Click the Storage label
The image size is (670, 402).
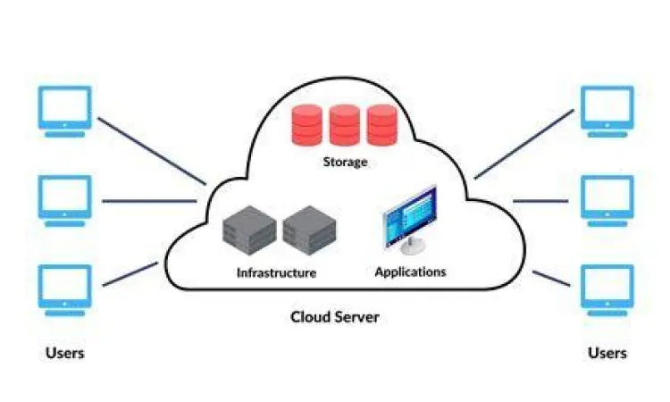[345, 163]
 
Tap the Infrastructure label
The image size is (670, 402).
[276, 272]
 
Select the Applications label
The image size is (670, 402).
[410, 272]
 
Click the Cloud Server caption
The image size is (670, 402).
[335, 317]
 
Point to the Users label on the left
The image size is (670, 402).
[64, 353]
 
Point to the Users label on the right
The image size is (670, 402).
[607, 353]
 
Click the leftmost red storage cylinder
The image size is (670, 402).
[306, 125]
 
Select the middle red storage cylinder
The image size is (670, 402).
[344, 125]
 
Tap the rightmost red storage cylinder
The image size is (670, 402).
[381, 125]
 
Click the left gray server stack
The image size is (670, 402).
[247, 230]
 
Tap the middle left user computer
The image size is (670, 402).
[64, 199]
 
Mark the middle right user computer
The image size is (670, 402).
[607, 199]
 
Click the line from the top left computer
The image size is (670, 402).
[152, 149]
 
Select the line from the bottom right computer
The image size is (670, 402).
[552, 278]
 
